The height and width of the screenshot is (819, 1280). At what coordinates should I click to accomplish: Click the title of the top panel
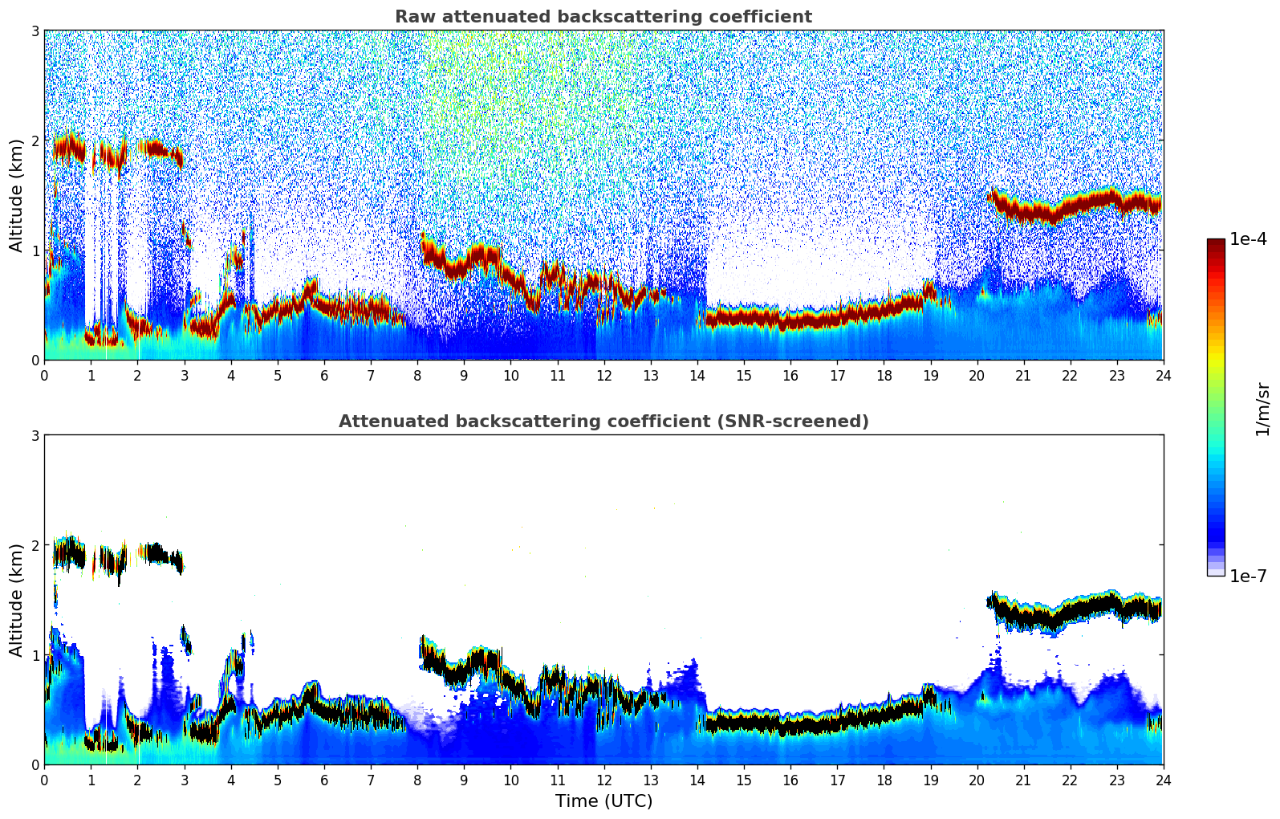pyautogui.click(x=603, y=17)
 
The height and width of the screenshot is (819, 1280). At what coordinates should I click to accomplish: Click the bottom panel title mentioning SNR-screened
pyautogui.click(x=603, y=422)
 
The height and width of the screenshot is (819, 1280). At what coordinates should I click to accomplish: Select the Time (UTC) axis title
pyautogui.click(x=603, y=801)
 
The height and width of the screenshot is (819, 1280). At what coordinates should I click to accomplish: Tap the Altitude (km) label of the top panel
pyautogui.click(x=16, y=195)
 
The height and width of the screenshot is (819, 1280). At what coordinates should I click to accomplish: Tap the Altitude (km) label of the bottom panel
pyautogui.click(x=16, y=600)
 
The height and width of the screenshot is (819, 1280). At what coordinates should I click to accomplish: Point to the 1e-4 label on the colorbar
pyautogui.click(x=1248, y=239)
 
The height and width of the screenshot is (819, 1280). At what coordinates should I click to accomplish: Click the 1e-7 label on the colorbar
pyautogui.click(x=1248, y=576)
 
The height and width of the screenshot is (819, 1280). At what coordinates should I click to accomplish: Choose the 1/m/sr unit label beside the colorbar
pyautogui.click(x=1262, y=409)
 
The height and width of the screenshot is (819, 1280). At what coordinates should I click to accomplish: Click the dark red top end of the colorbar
pyautogui.click(x=1215, y=242)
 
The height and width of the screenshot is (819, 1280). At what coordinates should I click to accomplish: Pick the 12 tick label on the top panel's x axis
pyautogui.click(x=603, y=376)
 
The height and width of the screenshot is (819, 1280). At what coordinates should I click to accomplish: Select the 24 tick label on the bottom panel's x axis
pyautogui.click(x=1163, y=780)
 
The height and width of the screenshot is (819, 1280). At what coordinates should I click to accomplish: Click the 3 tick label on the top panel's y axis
pyautogui.click(x=35, y=31)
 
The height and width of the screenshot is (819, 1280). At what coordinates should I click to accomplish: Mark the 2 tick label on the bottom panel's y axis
pyautogui.click(x=35, y=545)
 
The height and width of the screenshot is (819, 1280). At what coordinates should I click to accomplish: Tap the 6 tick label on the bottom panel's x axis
pyautogui.click(x=324, y=780)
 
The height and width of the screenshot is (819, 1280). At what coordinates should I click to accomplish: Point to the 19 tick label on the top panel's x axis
pyautogui.click(x=930, y=376)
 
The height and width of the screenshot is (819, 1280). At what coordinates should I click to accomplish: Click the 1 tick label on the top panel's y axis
pyautogui.click(x=35, y=251)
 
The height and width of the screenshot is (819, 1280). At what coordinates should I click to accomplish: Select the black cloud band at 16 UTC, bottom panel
pyautogui.click(x=790, y=726)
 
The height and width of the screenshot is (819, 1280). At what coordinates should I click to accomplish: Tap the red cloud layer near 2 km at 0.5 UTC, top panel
pyautogui.click(x=68, y=148)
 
